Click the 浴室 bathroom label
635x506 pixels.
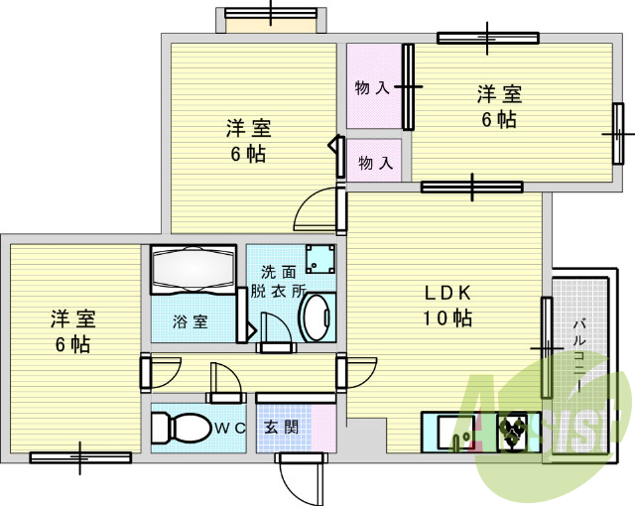tap(190, 321)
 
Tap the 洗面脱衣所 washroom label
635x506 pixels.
tap(278, 281)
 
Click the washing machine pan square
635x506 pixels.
tap(318, 258)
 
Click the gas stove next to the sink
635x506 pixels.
tap(515, 430)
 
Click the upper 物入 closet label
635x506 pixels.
tap(372, 88)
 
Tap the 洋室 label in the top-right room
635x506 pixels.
tap(499, 95)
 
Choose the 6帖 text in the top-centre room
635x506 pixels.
tap(247, 154)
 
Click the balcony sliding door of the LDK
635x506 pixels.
tap(546, 347)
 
